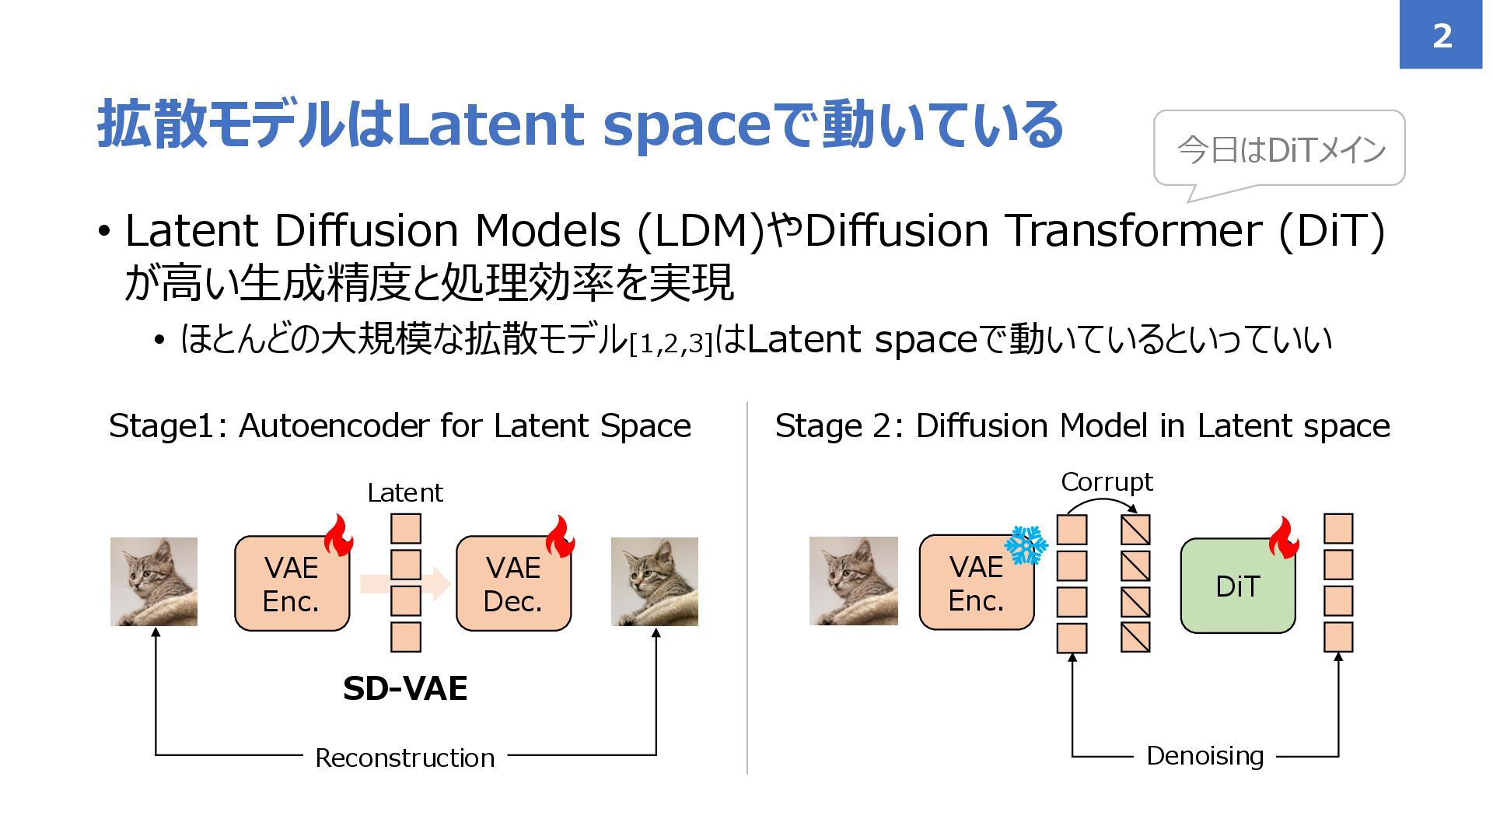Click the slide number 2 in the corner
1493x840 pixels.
point(1441,36)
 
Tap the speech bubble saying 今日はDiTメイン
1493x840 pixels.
point(1279,149)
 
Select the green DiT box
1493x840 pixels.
point(1237,586)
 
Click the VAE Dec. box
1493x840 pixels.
point(513,584)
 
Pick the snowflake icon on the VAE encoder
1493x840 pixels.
point(1026,545)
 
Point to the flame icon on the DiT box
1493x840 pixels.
point(1283,537)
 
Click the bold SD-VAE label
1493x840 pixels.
point(405,689)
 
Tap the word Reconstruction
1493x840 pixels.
point(404,758)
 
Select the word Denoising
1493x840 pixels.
point(1205,756)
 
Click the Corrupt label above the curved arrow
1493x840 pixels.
point(1107,482)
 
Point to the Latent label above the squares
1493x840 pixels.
point(405,493)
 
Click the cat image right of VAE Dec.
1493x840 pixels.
point(655,582)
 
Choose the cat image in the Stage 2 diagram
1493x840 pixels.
point(853,581)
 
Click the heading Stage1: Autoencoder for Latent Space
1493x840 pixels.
point(400,426)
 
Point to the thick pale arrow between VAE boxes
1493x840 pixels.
point(404,584)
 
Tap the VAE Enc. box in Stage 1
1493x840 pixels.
point(292,584)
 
